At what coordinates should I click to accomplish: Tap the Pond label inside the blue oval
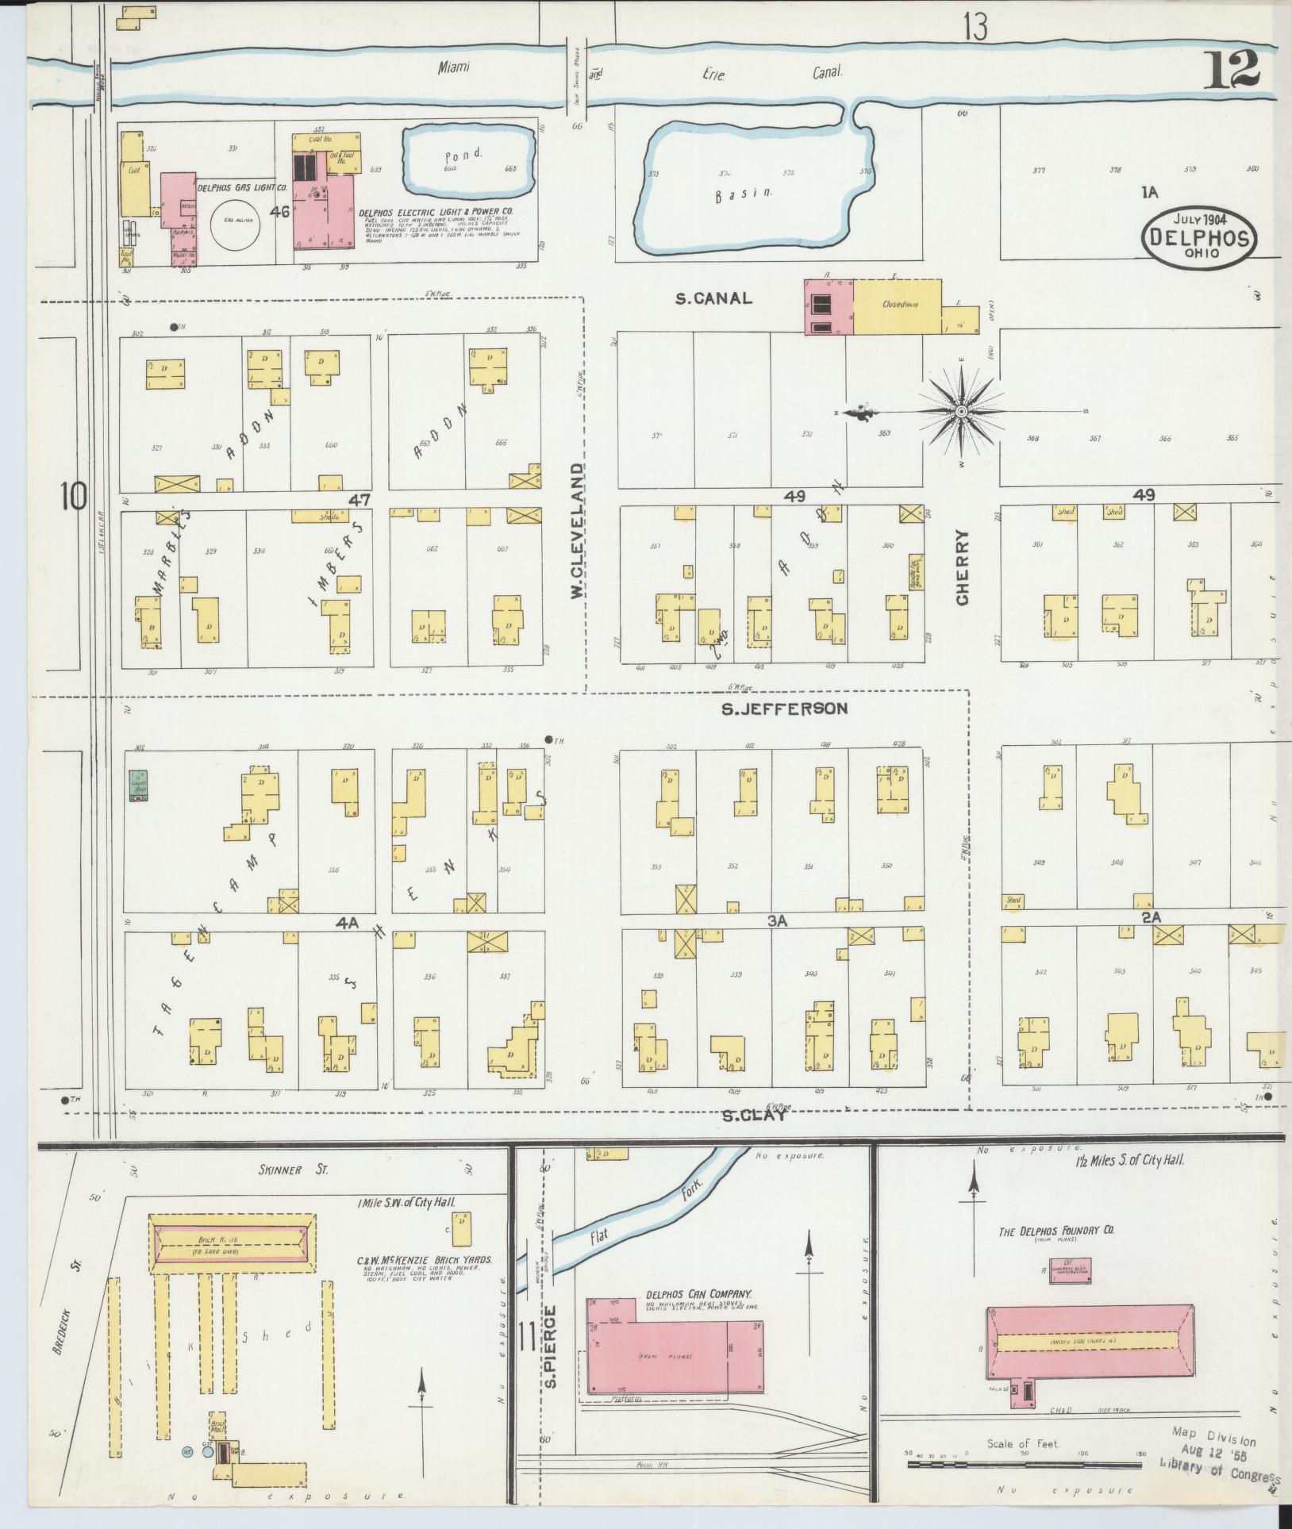coord(463,155)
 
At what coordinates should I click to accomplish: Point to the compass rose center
coord(961,411)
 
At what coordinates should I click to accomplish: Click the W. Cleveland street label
coord(578,532)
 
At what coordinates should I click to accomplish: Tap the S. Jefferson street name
coord(784,709)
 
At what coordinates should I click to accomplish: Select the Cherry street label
coord(963,567)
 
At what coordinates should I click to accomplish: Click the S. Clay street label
coord(754,1115)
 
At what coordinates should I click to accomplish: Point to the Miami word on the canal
coord(454,68)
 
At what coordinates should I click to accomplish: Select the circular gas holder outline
coord(232,221)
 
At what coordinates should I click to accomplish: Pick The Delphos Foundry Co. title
coord(1056,1230)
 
